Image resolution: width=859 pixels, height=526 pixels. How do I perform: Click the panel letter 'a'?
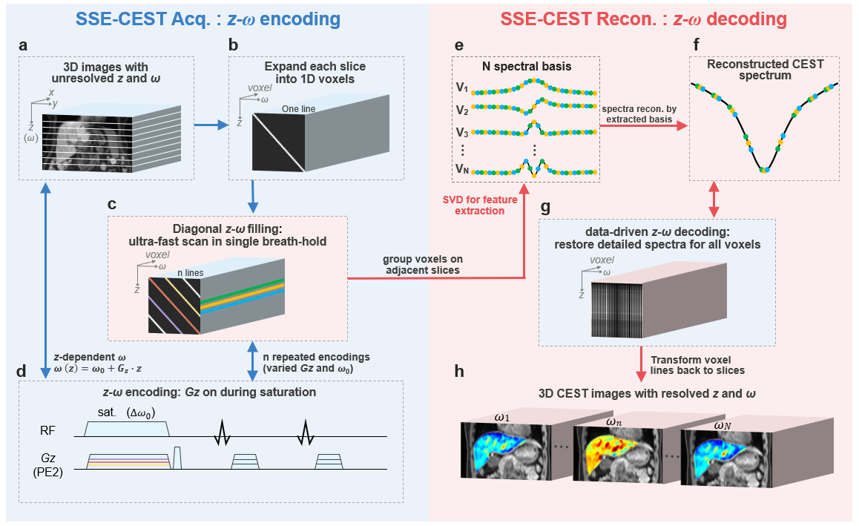24,45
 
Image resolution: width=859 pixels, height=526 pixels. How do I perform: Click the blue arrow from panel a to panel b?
209,125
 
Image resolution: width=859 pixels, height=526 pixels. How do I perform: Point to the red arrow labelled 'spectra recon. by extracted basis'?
642,126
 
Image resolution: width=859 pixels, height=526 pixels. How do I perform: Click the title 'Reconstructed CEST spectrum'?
765,70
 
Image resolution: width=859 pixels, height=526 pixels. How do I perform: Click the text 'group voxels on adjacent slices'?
422,266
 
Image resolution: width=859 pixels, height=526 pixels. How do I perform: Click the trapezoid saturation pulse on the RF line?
128,428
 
